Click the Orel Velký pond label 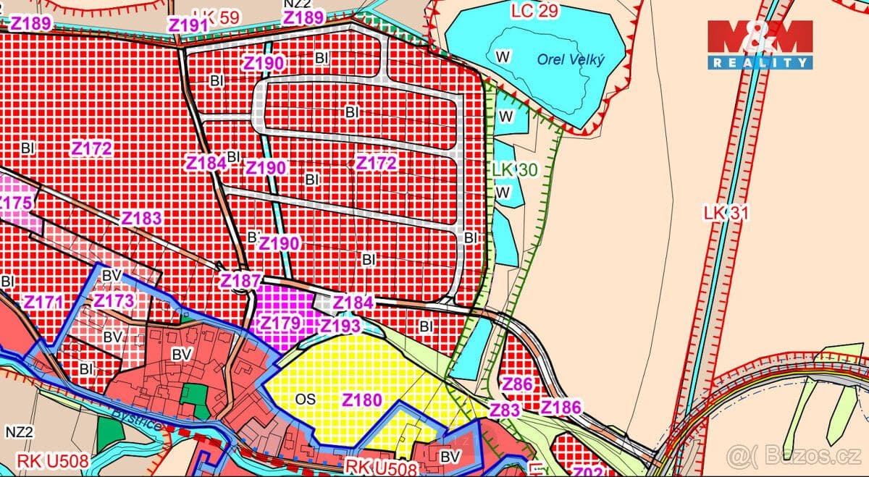[571, 59]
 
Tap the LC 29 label [535, 11]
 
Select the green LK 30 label [514, 169]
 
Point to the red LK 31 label [725, 213]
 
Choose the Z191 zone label [188, 25]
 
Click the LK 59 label [217, 17]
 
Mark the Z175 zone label [14, 203]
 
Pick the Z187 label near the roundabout [240, 280]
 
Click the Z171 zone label [43, 301]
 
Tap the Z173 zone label [114, 300]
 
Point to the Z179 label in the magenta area [280, 323]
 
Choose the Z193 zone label [340, 326]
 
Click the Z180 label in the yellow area [361, 399]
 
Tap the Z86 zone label [518, 384]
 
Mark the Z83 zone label [505, 410]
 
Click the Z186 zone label [561, 407]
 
